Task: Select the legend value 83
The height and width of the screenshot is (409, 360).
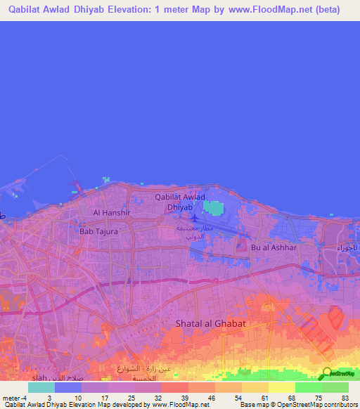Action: pos(344,398)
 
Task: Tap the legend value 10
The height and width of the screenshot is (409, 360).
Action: pos(78,398)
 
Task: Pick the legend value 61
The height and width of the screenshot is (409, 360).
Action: pos(264,398)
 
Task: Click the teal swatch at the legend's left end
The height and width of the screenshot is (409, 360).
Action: pos(41,387)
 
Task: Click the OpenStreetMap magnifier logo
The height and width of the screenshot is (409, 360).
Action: pos(327,374)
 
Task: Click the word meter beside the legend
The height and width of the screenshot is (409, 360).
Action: pos(11,398)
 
